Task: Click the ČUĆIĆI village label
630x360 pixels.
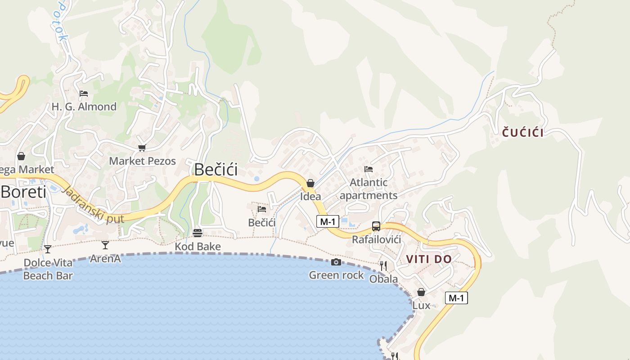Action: coord(522,133)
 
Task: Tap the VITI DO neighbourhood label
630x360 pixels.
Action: coord(428,259)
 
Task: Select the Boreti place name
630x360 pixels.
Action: coord(23,192)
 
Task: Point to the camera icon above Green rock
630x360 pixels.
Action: coord(336,262)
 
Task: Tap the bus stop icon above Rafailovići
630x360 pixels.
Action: coord(376,226)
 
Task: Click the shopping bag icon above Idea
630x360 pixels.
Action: coord(310,183)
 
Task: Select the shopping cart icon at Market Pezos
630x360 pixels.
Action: coord(142,148)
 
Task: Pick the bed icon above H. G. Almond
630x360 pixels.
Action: coord(84,94)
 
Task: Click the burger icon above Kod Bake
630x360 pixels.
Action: coord(198,233)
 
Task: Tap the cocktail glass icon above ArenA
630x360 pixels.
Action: coord(105,245)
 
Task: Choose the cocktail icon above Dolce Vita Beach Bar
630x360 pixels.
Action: coord(48,249)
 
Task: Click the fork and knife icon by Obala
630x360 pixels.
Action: coord(383,266)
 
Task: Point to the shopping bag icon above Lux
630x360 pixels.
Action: coord(421,292)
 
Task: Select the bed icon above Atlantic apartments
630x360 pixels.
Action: coord(369,169)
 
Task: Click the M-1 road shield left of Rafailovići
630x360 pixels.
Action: coord(327,221)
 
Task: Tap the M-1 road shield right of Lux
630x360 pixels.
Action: coord(456,297)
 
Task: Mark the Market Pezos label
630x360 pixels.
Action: coord(142,161)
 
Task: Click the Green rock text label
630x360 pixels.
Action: coord(336,275)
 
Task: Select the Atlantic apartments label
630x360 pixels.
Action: coord(369,189)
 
